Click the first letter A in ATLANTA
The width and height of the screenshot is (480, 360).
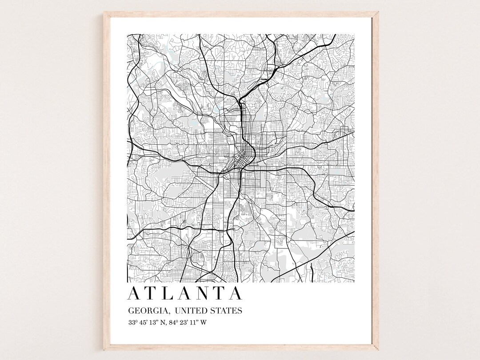click(x=133, y=294)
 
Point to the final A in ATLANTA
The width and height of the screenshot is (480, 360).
click(x=236, y=294)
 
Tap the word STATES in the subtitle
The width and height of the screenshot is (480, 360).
click(x=227, y=311)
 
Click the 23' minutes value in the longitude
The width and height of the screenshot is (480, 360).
click(x=186, y=323)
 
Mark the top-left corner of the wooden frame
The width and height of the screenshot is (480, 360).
click(x=105, y=13)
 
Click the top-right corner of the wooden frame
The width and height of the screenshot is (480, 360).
click(x=376, y=13)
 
